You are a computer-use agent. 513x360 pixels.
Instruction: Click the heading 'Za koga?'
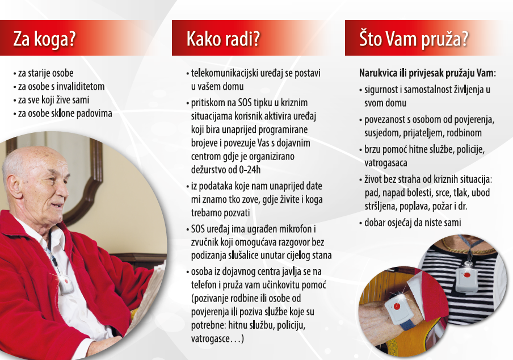point(44,39)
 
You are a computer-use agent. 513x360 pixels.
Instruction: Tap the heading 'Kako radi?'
point(223,39)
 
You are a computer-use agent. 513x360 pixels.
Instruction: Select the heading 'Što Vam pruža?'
point(414,39)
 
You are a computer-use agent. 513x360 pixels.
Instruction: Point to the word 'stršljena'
point(380,206)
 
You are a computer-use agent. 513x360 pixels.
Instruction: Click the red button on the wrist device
point(397,307)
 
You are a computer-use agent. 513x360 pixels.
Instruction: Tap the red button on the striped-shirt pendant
point(467,274)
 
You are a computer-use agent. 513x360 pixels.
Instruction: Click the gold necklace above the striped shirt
point(468,249)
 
